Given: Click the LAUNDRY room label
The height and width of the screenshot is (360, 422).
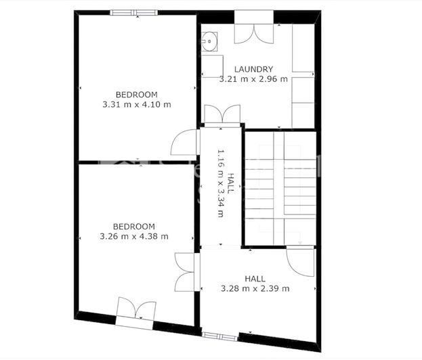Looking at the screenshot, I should tap(254, 69).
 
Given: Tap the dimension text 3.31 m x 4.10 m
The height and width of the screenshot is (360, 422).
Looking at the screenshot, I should tap(136, 105).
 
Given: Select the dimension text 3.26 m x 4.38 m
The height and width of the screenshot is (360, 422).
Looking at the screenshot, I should tap(133, 237).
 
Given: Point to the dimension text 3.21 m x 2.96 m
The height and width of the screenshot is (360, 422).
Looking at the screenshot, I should tap(254, 79).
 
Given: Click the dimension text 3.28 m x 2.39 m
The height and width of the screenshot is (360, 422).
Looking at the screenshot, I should tap(255, 289).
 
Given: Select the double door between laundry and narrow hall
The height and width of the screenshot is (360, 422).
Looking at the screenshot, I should tap(222, 115).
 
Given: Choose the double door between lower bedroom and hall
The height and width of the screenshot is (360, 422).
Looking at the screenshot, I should tap(185, 272).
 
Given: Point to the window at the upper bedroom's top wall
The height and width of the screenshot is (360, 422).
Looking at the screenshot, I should tap(134, 12).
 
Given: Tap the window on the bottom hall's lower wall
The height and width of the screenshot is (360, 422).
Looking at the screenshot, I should tap(219, 336).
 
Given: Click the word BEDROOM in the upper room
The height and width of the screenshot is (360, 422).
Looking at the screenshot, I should tap(136, 95).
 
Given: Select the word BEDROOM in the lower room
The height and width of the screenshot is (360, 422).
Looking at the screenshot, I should tap(133, 227).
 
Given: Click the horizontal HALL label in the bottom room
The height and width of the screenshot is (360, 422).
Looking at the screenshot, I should tap(255, 279).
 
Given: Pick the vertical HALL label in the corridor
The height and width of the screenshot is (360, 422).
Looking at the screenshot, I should tap(231, 183).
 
